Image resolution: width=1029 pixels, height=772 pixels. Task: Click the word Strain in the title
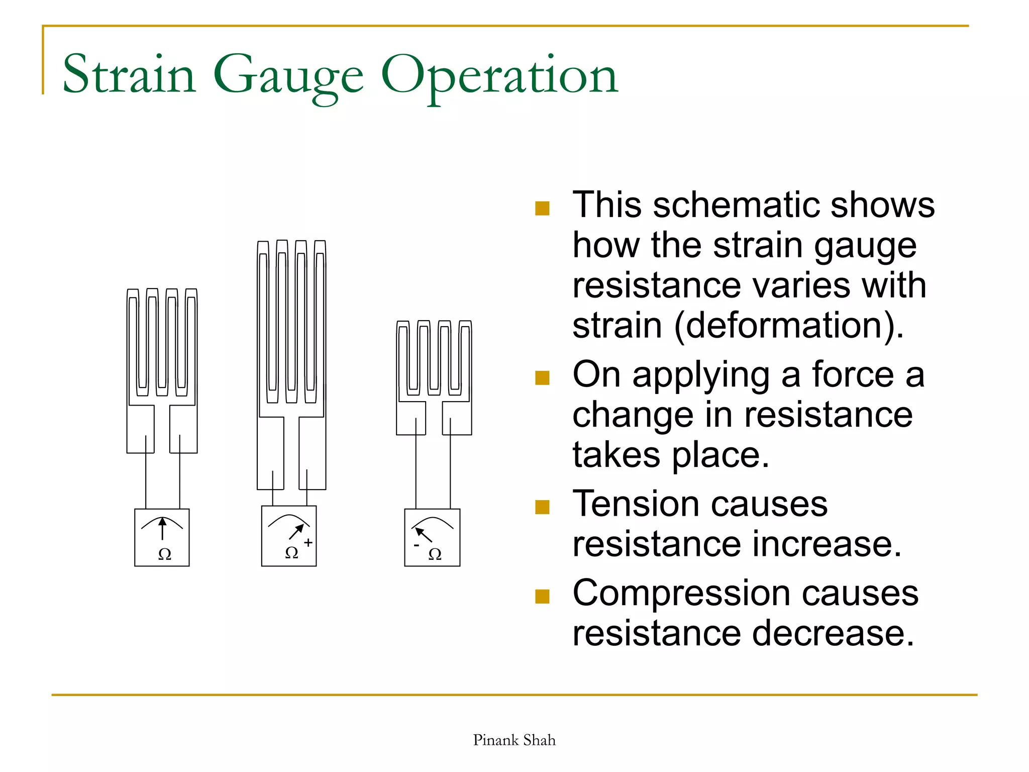(129, 75)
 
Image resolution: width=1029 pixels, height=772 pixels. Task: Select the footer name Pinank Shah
(514, 740)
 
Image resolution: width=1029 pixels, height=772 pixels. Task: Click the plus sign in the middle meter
(308, 543)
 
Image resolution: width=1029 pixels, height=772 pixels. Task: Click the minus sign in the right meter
(417, 545)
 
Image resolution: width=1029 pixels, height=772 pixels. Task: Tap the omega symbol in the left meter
(164, 554)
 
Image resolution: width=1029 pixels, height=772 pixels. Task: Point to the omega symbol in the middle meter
(291, 553)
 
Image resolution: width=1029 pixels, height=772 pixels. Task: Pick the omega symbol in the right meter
(435, 554)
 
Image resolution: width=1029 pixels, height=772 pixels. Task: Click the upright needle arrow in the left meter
(162, 529)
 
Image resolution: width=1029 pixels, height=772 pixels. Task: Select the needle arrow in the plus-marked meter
(296, 532)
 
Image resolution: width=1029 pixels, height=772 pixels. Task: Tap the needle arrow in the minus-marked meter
(424, 534)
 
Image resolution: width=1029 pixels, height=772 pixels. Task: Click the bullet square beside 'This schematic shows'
(542, 208)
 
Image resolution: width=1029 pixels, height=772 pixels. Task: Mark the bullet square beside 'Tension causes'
(542, 507)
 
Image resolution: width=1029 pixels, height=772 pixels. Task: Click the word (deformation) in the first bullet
(789, 326)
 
